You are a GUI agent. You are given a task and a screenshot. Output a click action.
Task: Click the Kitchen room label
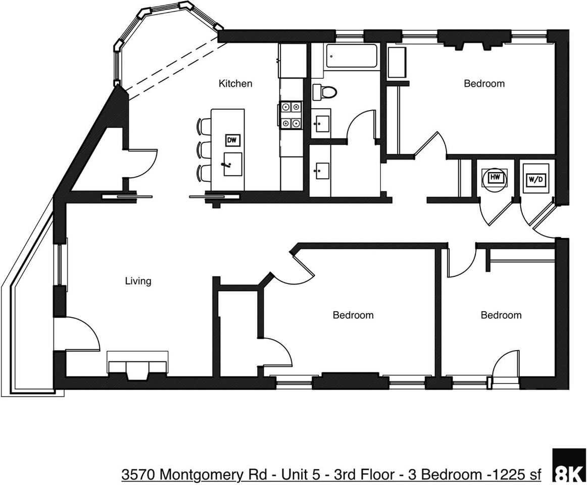pos(235,83)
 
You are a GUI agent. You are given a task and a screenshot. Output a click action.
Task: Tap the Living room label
pos(138,281)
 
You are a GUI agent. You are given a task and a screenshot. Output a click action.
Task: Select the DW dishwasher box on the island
pos(232,140)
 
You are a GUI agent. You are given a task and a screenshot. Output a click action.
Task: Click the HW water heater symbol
pos(494,178)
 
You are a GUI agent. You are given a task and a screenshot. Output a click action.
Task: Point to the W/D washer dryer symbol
pos(535,179)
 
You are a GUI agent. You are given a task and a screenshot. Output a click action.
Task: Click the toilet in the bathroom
pos(325,92)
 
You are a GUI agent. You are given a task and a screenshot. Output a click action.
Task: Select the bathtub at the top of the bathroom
pos(352,56)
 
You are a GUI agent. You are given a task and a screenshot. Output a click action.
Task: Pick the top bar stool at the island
pos(205,126)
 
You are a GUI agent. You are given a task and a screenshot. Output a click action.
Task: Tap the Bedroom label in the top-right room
pos(484,83)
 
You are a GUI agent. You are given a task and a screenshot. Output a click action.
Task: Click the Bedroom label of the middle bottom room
pos(353,315)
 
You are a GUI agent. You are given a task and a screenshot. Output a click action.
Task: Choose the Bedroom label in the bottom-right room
pos(501,315)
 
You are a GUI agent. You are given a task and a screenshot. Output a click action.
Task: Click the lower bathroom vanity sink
pos(320,171)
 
